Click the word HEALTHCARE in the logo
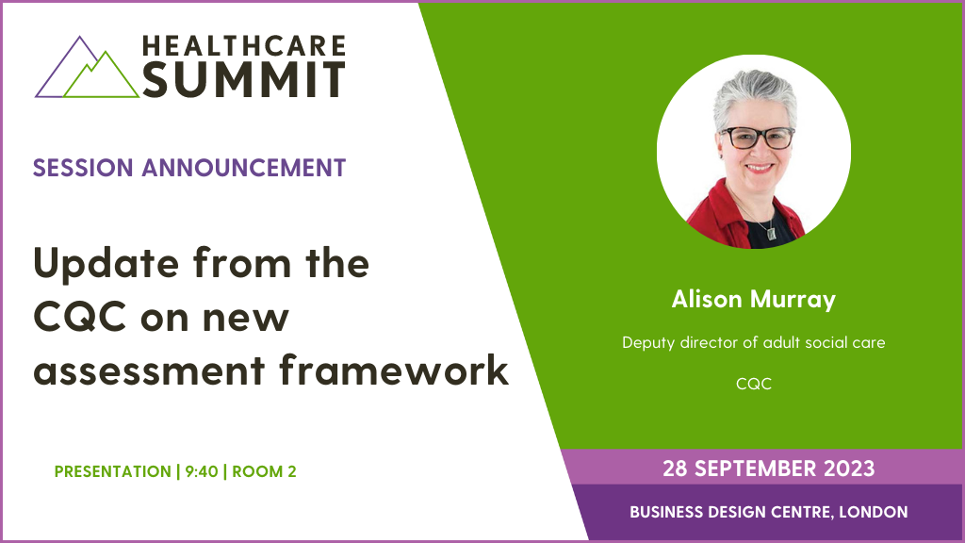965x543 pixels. coord(243,46)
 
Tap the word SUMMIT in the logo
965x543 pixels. coord(243,80)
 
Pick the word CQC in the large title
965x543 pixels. coord(79,317)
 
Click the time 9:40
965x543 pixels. coord(200,471)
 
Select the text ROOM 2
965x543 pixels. coord(264,471)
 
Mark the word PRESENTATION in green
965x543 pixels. coord(112,471)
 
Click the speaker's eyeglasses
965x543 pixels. coord(757,137)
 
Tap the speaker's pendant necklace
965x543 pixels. coord(770,229)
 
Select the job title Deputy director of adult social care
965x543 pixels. coord(754,342)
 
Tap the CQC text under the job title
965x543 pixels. coord(754,385)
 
